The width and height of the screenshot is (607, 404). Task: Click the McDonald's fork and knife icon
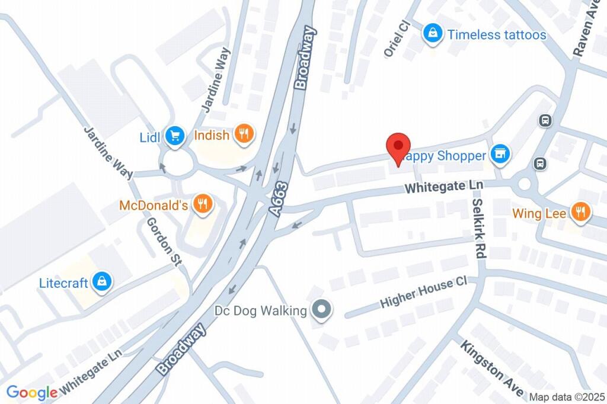click(203, 205)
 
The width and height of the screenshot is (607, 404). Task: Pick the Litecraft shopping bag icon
click(103, 282)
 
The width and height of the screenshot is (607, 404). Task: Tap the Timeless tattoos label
click(497, 34)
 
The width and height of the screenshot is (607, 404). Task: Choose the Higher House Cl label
click(424, 294)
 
